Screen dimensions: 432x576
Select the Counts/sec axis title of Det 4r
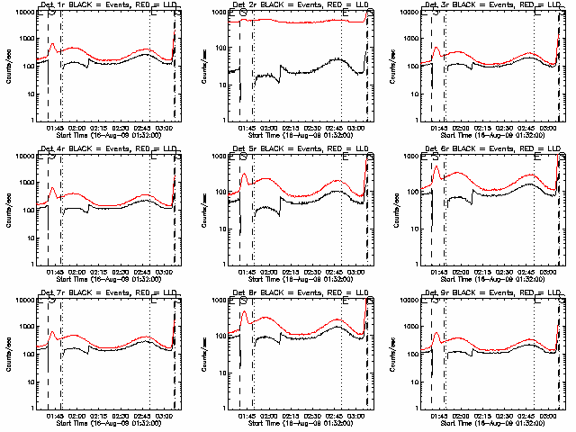tap(7, 210)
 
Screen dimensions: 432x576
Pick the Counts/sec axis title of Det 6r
tap(391, 210)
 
